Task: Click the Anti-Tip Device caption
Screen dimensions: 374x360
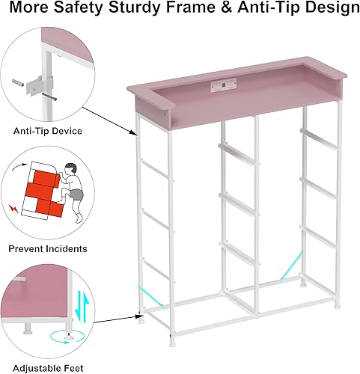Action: (x=48, y=131)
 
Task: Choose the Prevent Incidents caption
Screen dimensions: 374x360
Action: (x=48, y=248)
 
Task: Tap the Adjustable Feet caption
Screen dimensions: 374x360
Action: (x=48, y=367)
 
